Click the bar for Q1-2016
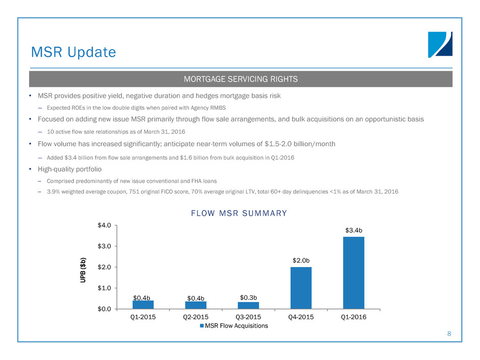point(353,273)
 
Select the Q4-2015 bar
point(301,288)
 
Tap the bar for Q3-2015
point(248,305)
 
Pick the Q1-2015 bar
point(143,304)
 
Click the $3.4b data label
point(353,230)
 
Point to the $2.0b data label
point(301,260)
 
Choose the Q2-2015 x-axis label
point(196,317)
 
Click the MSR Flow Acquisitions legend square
point(202,326)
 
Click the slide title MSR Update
point(73,52)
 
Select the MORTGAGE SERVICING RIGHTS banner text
point(240,79)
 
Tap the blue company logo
point(440,44)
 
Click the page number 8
point(449,334)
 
